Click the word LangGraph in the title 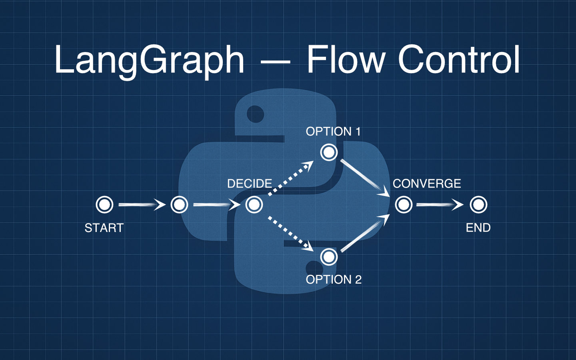[x=149, y=60]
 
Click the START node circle [x=104, y=205]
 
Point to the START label [x=104, y=228]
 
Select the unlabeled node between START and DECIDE [x=179, y=205]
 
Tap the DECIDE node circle [x=254, y=205]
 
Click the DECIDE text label [x=250, y=184]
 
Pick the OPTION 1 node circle [x=329, y=152]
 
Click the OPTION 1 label [x=333, y=132]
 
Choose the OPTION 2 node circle [x=329, y=257]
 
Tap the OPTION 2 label [x=334, y=280]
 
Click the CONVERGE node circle [x=404, y=205]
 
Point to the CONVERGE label [x=427, y=184]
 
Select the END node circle [x=478, y=205]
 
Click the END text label [x=478, y=228]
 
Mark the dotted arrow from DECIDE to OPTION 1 [x=290, y=179]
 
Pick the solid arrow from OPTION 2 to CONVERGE [x=365, y=233]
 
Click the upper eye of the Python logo [x=255, y=114]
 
